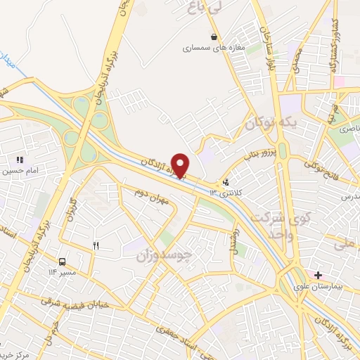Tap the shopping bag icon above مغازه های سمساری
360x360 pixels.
[214, 37]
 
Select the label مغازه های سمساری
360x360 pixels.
[214, 49]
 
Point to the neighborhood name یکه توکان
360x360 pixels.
[268, 123]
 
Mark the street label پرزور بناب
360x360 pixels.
[256, 155]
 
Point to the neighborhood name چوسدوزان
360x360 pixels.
[162, 255]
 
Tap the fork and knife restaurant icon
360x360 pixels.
[96, 245]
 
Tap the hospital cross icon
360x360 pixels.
[319, 274]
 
